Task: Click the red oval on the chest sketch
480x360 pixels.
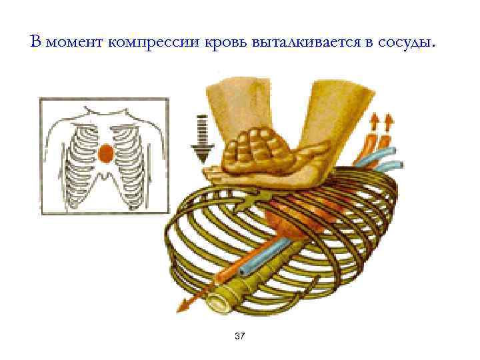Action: pos(105,155)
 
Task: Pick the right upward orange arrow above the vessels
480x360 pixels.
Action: pos(388,122)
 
